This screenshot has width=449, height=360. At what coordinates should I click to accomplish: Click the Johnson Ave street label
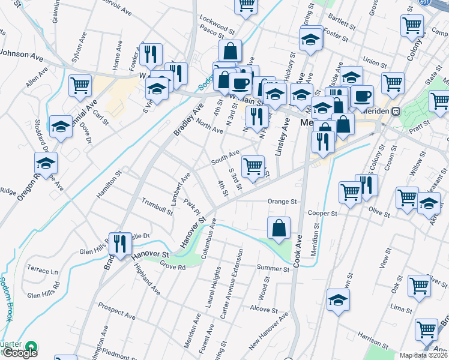pos(22,55)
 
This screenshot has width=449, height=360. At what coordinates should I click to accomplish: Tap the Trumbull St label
pos(157,205)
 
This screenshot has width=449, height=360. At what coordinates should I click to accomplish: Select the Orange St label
pos(282,202)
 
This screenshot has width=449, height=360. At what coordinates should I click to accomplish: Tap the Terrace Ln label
pos(43,271)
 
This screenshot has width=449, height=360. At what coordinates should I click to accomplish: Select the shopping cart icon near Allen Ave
pos(80,85)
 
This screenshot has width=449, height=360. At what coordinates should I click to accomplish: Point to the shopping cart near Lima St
pos(419,286)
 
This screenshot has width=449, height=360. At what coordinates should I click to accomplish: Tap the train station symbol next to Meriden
pos(396,111)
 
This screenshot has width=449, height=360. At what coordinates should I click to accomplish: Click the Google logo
pos(20,353)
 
